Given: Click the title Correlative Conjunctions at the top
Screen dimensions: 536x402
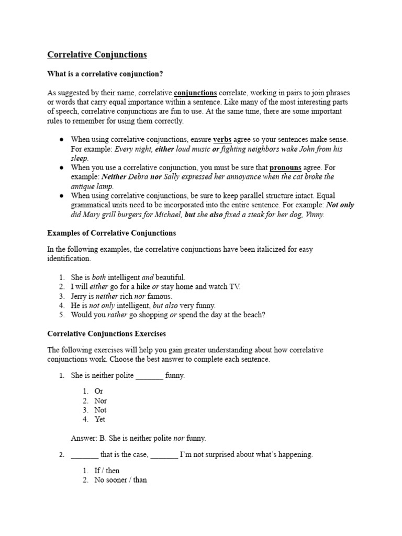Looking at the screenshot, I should coord(97,54).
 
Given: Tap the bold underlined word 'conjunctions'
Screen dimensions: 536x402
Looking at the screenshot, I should coord(195,93).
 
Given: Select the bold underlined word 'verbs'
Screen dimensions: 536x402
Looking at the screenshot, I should coord(222,140).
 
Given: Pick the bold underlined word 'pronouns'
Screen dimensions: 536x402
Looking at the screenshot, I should coord(285,167).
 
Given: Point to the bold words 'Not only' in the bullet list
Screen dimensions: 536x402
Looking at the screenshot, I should coord(340,205).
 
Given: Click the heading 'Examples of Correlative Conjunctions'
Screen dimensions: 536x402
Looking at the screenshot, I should coord(111,233).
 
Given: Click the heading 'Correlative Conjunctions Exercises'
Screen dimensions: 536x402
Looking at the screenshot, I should coord(107,333).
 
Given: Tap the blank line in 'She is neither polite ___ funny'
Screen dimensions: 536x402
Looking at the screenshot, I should coord(149,376).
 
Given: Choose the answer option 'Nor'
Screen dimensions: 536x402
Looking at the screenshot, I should coord(100,401).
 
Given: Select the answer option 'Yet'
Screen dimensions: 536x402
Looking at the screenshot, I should coord(99,419).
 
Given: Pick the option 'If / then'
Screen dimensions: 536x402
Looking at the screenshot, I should coord(107,471).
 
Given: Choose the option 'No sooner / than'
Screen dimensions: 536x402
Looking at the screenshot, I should coord(120,480).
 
